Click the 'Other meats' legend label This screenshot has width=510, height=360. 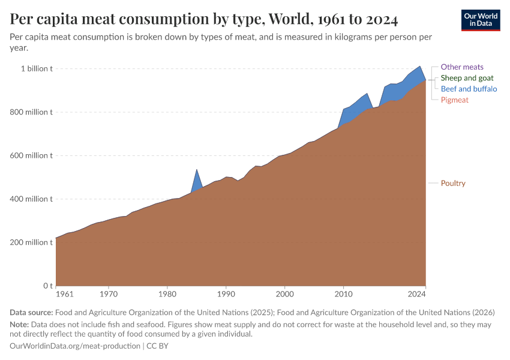point(462,67)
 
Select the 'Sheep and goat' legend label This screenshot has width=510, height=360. point(467,78)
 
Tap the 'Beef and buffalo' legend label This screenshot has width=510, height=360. point(469,89)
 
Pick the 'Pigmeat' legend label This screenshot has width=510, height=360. point(454,100)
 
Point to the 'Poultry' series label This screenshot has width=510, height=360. point(453,183)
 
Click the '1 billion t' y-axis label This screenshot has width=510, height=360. point(37,69)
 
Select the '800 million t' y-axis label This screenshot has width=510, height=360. point(34,112)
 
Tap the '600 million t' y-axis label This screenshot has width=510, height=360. point(34,155)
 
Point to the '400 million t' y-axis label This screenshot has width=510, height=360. point(34,199)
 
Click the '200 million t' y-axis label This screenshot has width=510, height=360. point(34,242)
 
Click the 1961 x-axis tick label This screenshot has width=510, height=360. point(64,295)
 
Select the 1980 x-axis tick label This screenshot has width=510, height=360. point(167,295)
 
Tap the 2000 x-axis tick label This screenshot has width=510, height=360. point(284,295)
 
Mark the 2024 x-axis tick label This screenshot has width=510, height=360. point(416,295)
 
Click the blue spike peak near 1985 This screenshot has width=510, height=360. point(197,170)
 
